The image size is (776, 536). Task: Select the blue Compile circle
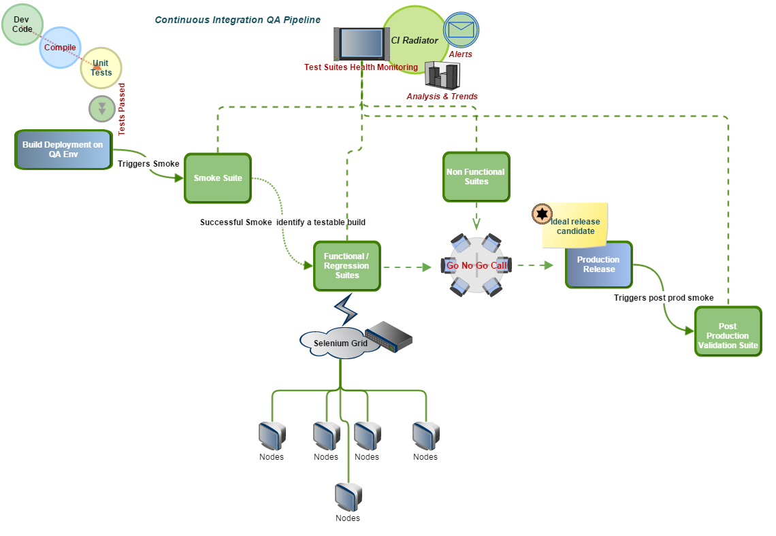(60, 48)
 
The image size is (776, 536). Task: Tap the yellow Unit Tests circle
(101, 68)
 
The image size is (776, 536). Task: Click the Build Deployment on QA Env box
(63, 150)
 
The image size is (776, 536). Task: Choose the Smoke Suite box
(218, 178)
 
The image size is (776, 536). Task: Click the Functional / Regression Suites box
(346, 266)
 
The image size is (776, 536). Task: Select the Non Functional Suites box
(476, 177)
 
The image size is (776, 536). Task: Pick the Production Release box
(598, 265)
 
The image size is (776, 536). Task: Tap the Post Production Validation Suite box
(728, 331)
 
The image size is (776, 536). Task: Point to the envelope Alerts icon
(461, 30)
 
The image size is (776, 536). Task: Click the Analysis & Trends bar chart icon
(442, 76)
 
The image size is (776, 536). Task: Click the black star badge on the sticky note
(541, 214)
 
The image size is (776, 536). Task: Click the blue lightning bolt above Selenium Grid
(346, 309)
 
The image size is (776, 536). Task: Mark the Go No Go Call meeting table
(476, 266)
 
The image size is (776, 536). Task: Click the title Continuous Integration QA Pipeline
(238, 20)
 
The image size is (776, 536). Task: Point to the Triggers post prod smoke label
(663, 298)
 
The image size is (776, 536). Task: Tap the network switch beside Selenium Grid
(389, 337)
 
